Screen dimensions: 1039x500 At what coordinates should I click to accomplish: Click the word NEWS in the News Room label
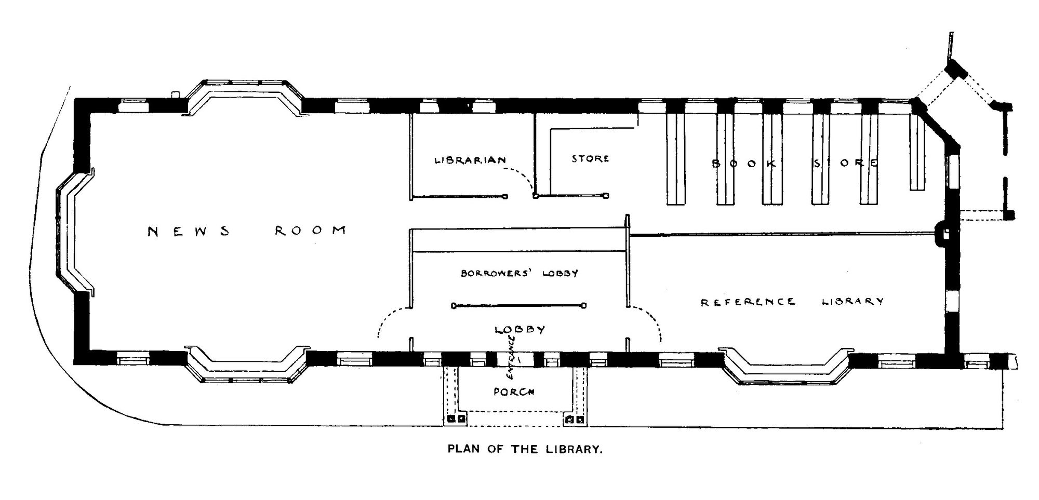pyautogui.click(x=189, y=231)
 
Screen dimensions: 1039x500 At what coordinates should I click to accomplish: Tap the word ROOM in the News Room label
pyautogui.click(x=311, y=230)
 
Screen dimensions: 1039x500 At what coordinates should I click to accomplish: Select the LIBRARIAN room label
pyautogui.click(x=470, y=160)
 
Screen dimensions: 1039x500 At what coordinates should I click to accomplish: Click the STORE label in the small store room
pyautogui.click(x=590, y=158)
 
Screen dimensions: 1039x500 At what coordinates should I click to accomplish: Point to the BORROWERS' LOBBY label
pyautogui.click(x=519, y=273)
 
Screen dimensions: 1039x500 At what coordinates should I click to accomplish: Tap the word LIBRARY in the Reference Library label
pyautogui.click(x=852, y=301)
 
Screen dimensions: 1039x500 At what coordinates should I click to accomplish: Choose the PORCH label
pyautogui.click(x=514, y=392)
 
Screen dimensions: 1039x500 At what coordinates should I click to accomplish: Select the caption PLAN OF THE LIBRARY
pyautogui.click(x=525, y=450)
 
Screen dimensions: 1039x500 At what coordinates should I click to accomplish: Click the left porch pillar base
pyautogui.click(x=455, y=418)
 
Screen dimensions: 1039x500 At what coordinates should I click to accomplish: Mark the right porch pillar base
pyautogui.click(x=575, y=418)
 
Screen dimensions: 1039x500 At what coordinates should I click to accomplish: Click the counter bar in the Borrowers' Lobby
pyautogui.click(x=519, y=305)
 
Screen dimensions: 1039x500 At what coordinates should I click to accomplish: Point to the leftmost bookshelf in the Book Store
pyautogui.click(x=675, y=158)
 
